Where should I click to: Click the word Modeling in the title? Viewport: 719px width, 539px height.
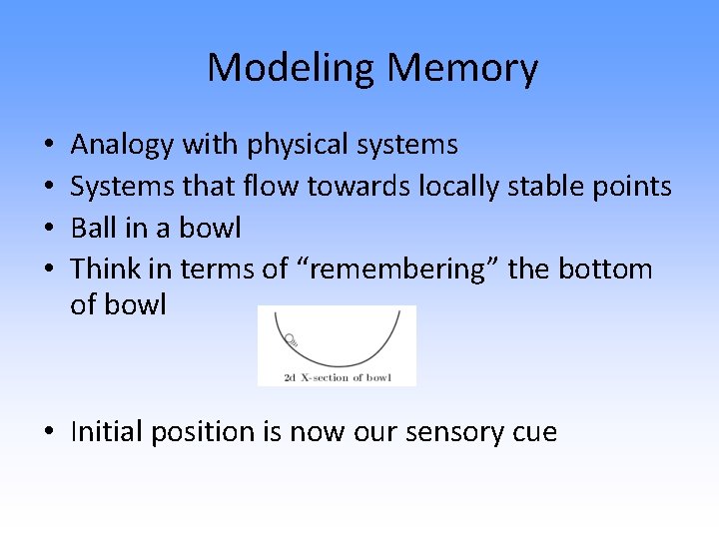291,68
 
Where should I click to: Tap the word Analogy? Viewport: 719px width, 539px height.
122,146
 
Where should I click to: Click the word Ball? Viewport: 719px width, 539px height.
94,228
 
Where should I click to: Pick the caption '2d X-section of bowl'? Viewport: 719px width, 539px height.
337,376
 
